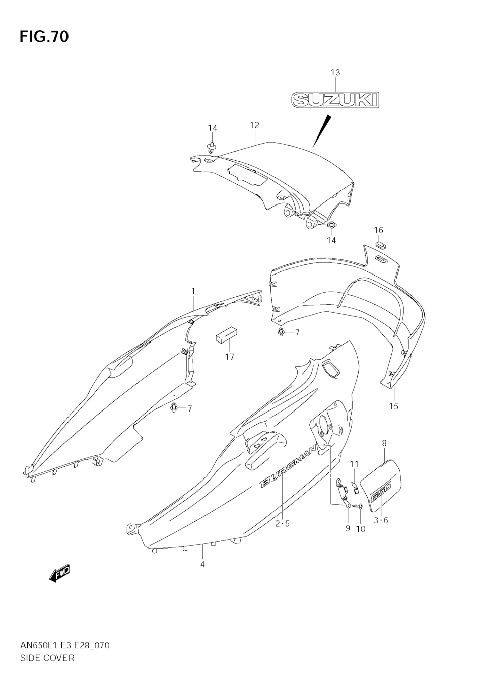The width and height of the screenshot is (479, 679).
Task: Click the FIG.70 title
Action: [x=44, y=37]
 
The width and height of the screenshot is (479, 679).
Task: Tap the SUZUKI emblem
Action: [x=335, y=100]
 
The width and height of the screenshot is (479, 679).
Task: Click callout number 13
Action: [x=335, y=72]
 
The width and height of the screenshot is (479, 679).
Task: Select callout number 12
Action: [x=254, y=125]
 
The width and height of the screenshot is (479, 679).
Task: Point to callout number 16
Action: [x=378, y=230]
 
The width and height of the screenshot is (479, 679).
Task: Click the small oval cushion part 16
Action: [x=381, y=245]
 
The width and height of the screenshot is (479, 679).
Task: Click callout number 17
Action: [x=229, y=357]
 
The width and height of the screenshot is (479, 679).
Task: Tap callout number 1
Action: [x=193, y=291]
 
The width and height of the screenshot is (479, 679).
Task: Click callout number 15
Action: [x=394, y=406]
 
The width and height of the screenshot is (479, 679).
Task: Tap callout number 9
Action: [x=348, y=528]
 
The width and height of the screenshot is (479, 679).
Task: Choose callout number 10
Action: [x=361, y=529]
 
